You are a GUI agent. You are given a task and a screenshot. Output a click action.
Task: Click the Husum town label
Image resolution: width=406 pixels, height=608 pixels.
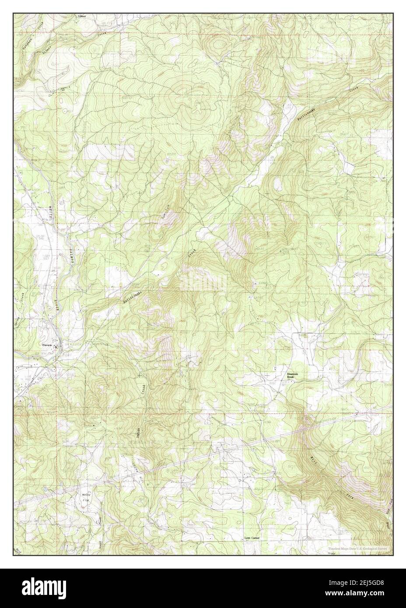pos(47,345)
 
